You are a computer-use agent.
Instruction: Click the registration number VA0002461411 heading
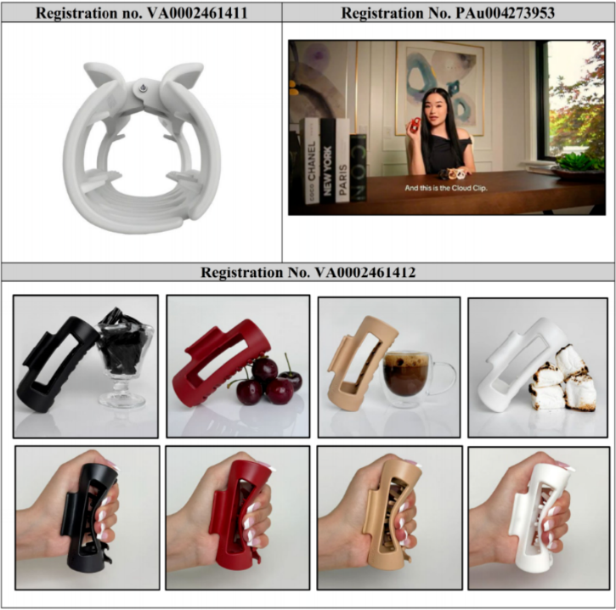click(141, 13)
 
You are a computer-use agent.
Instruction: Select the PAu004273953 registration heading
click(448, 13)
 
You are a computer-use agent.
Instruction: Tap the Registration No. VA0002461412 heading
click(308, 272)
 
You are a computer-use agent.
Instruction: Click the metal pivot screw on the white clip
click(143, 88)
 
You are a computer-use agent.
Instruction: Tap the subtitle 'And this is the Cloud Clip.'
click(446, 188)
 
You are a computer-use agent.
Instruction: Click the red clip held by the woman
click(415, 125)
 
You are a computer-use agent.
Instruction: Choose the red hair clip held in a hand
click(240, 516)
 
